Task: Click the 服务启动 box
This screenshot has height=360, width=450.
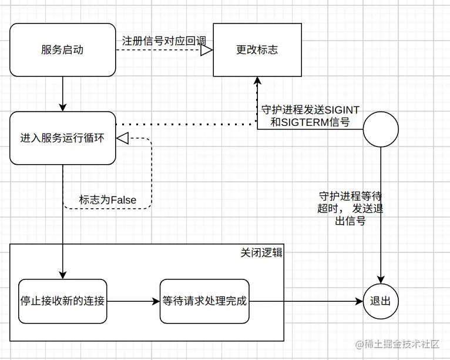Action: (62, 50)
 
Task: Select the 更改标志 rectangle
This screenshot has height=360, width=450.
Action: (257, 50)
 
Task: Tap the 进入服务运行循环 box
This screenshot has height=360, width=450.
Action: (62, 138)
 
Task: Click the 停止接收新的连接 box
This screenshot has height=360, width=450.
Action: (62, 301)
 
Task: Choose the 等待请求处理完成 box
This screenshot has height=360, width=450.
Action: (204, 301)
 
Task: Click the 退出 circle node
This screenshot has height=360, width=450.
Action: (380, 301)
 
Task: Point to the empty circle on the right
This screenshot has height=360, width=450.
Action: (380, 129)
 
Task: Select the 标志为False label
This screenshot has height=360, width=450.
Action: (108, 200)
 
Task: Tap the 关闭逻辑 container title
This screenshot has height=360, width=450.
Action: (261, 252)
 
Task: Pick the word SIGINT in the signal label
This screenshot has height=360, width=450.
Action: (342, 111)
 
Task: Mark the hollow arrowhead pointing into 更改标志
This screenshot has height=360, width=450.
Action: (206, 51)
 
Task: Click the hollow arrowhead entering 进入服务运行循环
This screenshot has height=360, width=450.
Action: (122, 138)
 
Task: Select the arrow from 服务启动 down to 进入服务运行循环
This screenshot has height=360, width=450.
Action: (62, 94)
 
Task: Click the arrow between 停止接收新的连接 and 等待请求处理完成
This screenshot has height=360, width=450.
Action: (133, 301)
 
